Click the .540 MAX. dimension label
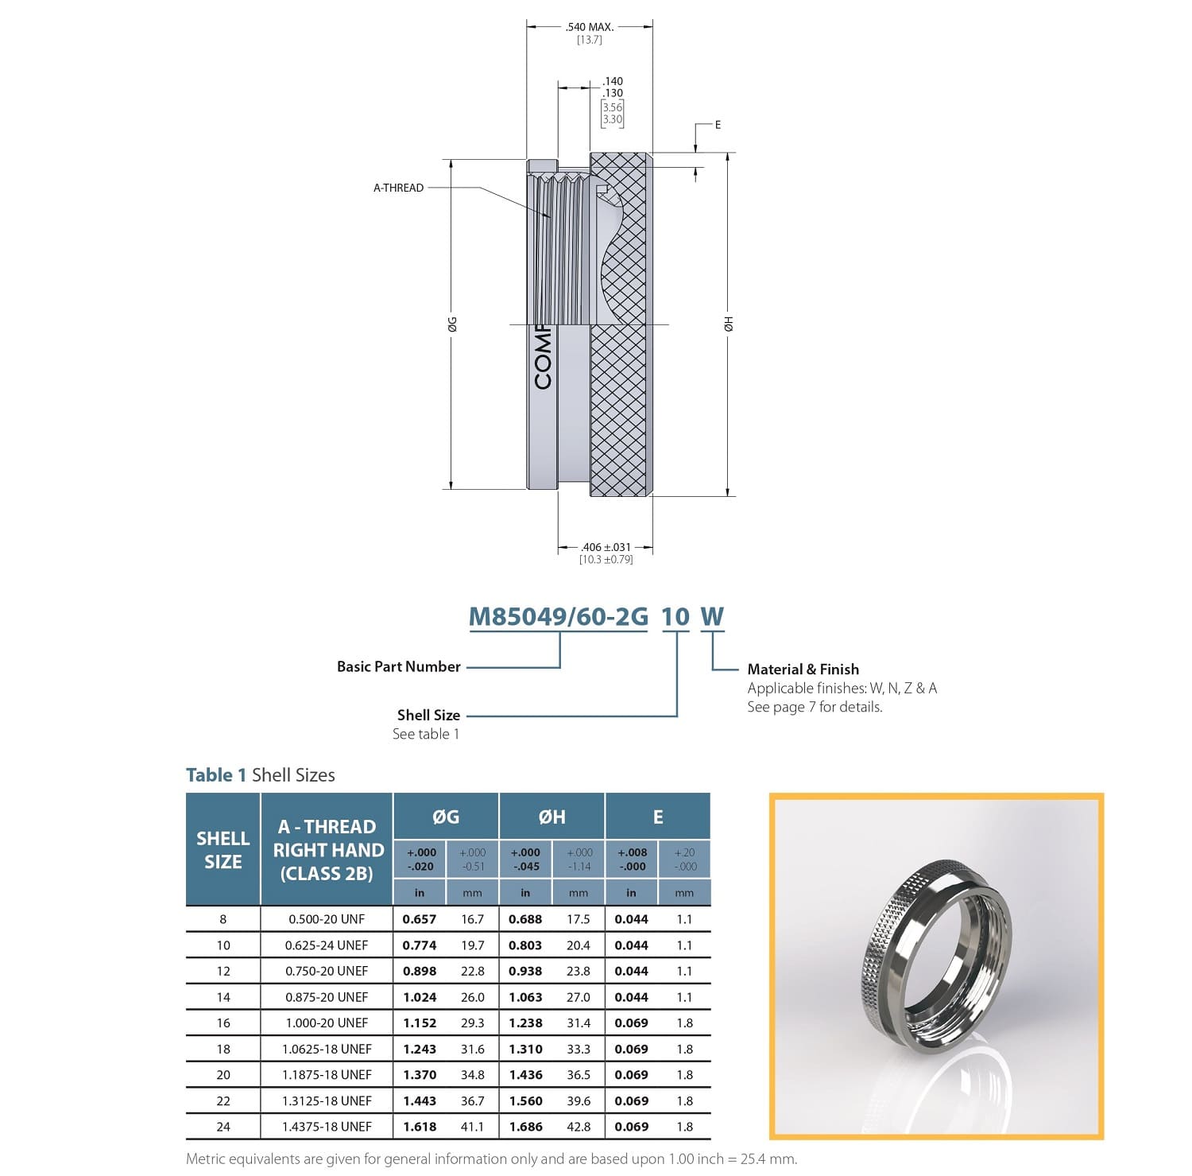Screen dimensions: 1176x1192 pos(589,27)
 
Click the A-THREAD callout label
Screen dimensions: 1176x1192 pos(398,188)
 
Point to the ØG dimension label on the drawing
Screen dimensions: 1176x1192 pos(451,324)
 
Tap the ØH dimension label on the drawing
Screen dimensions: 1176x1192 pos(728,324)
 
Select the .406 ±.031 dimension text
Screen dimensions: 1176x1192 pos(606,547)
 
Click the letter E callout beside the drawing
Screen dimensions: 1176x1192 pos(718,125)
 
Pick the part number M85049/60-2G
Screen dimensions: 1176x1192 pos(558,617)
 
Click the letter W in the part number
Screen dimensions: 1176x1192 pos(712,617)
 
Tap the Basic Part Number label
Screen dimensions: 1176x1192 pos(398,666)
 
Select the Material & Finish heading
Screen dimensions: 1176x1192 pos(803,670)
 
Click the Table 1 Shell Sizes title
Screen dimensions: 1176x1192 pos(260,775)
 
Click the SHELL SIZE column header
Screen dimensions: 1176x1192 pos(223,850)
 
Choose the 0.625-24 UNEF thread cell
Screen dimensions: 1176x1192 pos(327,945)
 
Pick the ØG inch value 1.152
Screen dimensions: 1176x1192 pos(420,1023)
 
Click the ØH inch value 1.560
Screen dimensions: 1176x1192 pos(525,1101)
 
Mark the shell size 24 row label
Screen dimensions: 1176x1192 pos(223,1127)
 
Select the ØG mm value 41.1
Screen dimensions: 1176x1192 pos(472,1127)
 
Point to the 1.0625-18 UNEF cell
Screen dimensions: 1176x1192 pos(327,1050)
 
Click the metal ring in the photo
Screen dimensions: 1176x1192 pos(938,946)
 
